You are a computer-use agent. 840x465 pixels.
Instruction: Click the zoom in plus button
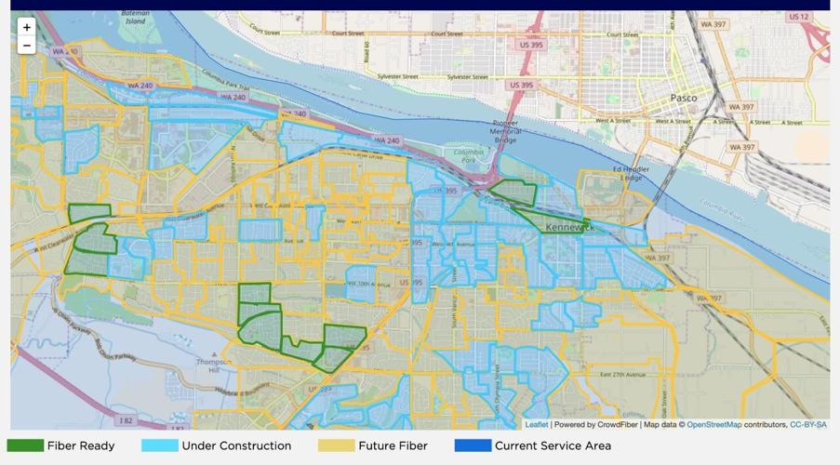coord(26,28)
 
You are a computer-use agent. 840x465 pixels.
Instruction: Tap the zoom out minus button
coord(26,46)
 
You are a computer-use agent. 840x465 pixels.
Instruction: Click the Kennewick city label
coord(568,227)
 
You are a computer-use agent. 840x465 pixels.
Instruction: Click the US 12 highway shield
coord(798,17)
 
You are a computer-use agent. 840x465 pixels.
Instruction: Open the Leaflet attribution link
coord(537,425)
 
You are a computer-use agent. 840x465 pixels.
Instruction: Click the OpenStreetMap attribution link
coord(713,425)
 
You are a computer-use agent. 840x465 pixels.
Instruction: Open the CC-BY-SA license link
coord(807,425)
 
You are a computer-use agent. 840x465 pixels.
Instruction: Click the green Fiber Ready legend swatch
coord(25,445)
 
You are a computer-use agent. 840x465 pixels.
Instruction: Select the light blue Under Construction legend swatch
coord(159,445)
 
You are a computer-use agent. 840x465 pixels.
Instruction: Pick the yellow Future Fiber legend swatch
coord(336,445)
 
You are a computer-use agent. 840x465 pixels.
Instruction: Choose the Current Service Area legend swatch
coord(473,445)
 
